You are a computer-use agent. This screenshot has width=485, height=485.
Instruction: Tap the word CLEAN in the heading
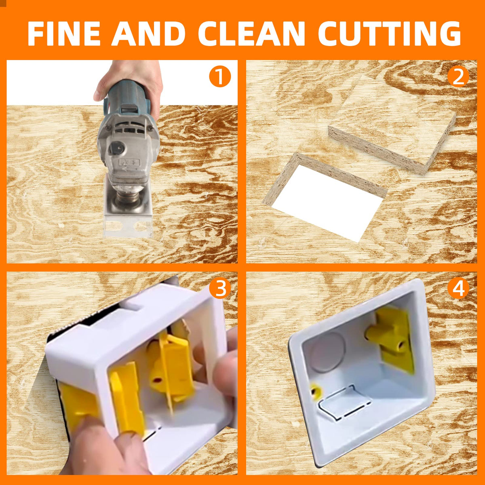(x=251, y=34)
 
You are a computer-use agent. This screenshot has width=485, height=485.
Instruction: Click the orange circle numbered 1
(x=219, y=77)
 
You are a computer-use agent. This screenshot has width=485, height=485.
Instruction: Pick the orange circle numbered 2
(x=458, y=77)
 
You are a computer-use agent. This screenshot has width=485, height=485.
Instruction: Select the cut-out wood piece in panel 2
(x=392, y=125)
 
